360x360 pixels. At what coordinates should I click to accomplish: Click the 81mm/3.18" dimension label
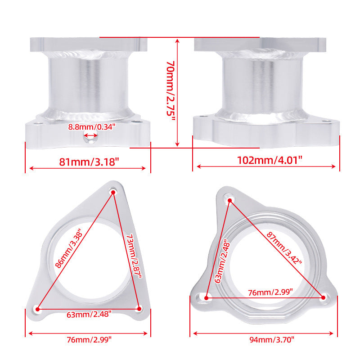click(x=89, y=162)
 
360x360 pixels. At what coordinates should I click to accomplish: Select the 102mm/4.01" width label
click(x=270, y=160)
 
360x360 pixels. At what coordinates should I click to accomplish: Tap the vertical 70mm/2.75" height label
click(x=171, y=92)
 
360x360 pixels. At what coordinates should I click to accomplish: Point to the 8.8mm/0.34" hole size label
click(x=92, y=127)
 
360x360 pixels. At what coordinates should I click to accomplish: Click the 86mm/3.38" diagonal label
click(x=69, y=248)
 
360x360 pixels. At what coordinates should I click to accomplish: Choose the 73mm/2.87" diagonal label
click(x=134, y=256)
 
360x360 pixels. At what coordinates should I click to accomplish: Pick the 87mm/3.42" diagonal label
click(x=284, y=248)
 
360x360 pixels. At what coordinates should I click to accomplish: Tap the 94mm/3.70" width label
click(x=272, y=340)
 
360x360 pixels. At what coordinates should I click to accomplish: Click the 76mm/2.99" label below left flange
click(x=89, y=340)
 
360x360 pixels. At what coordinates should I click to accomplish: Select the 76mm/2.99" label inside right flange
click(x=270, y=292)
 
